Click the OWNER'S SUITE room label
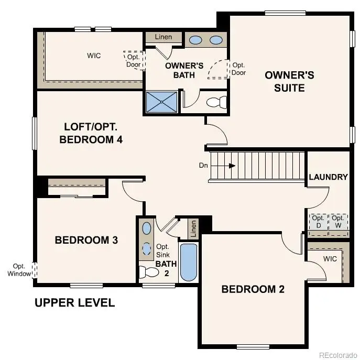(x=289, y=81)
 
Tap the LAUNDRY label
(x=328, y=177)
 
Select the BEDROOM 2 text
(x=253, y=289)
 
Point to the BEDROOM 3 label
(x=86, y=240)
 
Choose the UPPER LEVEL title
(x=74, y=303)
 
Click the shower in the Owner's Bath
(x=161, y=102)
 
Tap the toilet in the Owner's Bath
(x=216, y=102)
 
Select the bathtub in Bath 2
(x=189, y=262)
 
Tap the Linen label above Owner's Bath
(x=163, y=37)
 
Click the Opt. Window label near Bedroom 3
(x=19, y=270)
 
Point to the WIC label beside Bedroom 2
(x=330, y=259)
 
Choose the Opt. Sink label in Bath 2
(x=162, y=250)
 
